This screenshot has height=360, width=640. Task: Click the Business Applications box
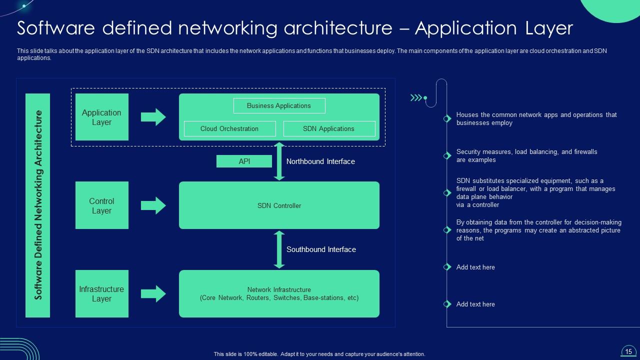click(279, 105)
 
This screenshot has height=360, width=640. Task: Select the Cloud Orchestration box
click(229, 128)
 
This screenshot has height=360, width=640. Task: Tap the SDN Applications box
click(329, 128)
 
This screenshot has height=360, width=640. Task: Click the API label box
click(244, 161)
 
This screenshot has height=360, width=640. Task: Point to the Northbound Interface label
click(320, 161)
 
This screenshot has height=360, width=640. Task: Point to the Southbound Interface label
click(321, 249)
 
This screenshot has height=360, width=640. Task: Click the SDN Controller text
click(279, 205)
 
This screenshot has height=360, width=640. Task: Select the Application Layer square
click(102, 117)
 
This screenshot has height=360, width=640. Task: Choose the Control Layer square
click(102, 205)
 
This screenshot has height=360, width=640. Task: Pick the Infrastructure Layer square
click(102, 294)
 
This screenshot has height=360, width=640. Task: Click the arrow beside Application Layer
click(153, 117)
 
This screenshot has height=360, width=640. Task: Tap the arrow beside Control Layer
click(153, 205)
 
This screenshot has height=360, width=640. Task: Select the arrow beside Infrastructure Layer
click(153, 294)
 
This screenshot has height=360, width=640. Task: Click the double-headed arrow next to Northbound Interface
click(279, 161)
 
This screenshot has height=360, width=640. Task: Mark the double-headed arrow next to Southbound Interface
click(279, 249)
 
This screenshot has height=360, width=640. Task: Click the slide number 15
click(628, 351)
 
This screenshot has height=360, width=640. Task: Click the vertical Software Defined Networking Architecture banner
click(38, 205)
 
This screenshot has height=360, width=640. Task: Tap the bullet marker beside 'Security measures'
click(447, 156)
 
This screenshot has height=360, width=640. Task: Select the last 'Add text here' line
click(475, 304)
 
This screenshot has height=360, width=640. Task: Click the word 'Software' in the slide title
click(55, 28)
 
